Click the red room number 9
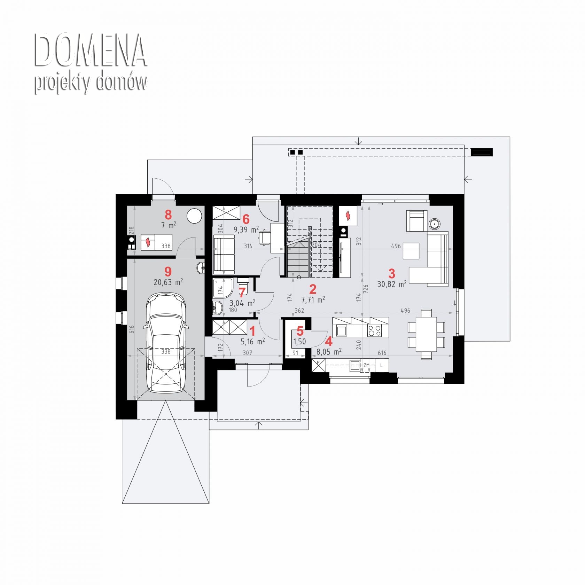[168, 271]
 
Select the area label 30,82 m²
[392, 284]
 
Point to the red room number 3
[392, 273]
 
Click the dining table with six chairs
[427, 334]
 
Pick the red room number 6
[246, 219]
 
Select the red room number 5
[300, 331]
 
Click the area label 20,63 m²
[168, 282]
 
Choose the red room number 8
[168, 215]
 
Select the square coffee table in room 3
[411, 251]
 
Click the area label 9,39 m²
[246, 229]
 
